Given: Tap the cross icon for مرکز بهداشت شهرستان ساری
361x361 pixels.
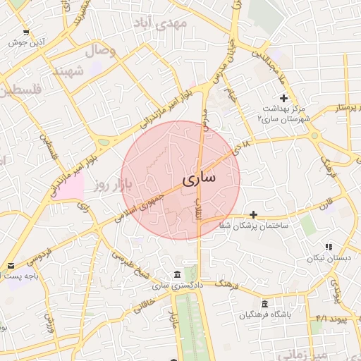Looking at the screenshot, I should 283,98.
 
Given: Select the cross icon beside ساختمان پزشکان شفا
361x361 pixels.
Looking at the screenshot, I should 254,214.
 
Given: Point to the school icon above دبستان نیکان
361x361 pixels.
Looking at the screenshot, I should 328,247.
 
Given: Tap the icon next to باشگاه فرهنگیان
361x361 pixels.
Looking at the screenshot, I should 264,303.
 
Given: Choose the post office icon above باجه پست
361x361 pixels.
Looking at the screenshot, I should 10,266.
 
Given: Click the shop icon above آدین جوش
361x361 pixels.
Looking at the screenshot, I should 26,32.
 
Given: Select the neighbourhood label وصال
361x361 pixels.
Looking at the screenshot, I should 101,51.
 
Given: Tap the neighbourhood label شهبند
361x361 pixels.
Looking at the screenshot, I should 69,71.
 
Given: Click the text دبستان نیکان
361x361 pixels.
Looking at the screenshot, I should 328,259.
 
